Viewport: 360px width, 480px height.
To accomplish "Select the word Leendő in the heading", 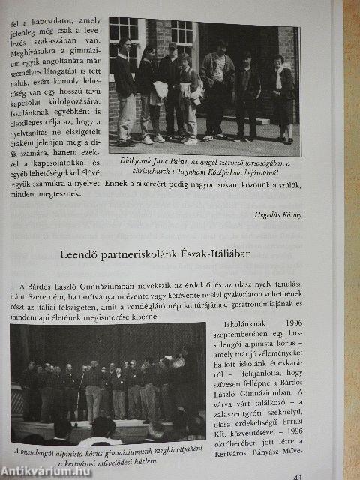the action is (x=79, y=254).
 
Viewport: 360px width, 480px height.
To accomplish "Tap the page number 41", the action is (x=298, y=474).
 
